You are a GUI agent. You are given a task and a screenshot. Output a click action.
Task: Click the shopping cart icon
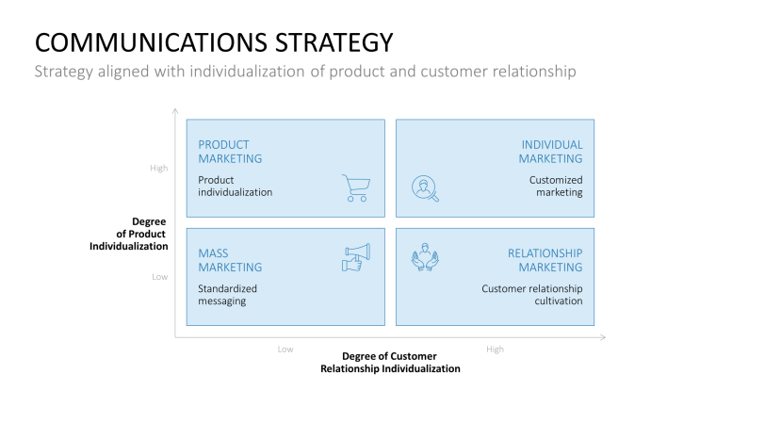click(x=355, y=188)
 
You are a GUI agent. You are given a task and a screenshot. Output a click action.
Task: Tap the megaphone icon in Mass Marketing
click(x=355, y=257)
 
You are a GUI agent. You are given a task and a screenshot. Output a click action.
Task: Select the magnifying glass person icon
click(x=425, y=188)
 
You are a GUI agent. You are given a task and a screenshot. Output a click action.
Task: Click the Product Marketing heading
click(x=230, y=152)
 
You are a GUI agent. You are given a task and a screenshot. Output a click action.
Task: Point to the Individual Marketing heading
click(x=551, y=152)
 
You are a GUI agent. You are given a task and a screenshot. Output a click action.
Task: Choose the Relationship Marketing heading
click(x=545, y=260)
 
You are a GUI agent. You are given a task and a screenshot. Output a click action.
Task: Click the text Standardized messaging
click(x=227, y=295)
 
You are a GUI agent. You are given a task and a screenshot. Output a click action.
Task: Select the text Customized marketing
click(x=555, y=186)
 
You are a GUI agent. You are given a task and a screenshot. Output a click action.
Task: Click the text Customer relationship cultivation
click(x=531, y=295)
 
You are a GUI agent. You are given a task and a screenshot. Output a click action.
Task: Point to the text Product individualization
click(x=235, y=186)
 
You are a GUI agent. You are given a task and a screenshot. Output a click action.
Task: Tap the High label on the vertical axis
click(x=158, y=169)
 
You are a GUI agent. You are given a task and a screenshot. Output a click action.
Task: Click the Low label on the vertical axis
click(x=159, y=277)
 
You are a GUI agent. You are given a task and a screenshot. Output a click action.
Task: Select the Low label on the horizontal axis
click(x=285, y=350)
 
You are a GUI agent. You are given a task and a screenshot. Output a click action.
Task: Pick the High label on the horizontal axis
click(x=495, y=350)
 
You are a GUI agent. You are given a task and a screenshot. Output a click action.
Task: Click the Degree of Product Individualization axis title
click(x=128, y=234)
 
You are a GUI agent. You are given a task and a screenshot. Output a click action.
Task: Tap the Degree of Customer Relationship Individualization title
click(x=390, y=362)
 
